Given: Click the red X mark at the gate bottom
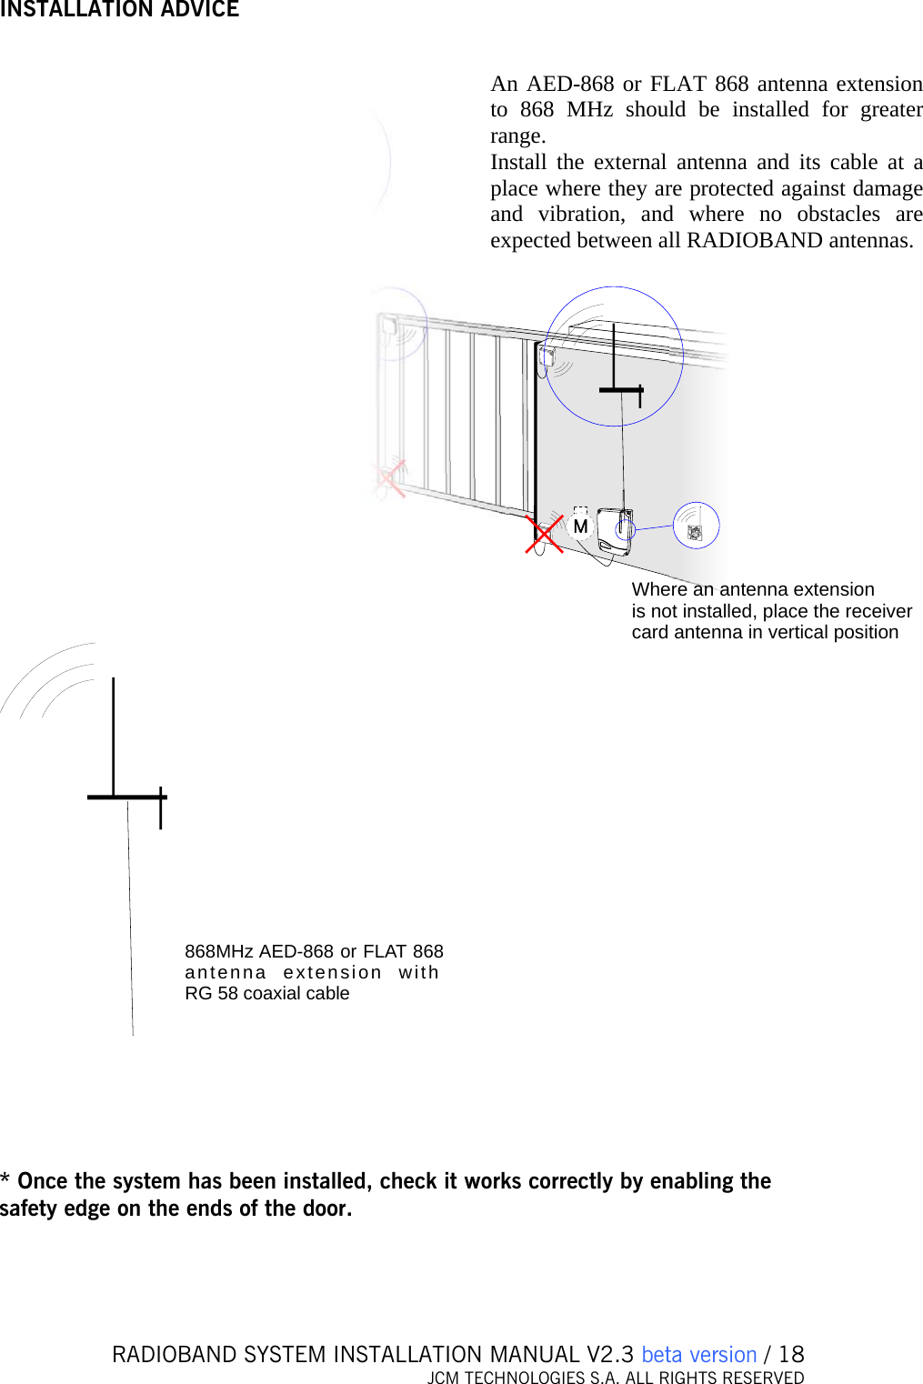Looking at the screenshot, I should (x=544, y=534).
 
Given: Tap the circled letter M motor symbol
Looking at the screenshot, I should (x=580, y=526).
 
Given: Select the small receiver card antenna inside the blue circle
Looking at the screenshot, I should (x=695, y=532).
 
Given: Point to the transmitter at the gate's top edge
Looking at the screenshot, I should (x=547, y=356).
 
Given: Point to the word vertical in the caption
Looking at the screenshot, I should (x=801, y=632).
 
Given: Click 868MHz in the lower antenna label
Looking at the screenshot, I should (x=218, y=951).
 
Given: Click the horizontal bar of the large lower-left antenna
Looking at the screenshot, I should (x=126, y=797).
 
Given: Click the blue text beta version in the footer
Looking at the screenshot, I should (x=698, y=1354).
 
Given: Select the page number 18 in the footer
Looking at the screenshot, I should (x=791, y=1354).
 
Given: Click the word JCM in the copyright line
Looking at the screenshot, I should (x=444, y=1378).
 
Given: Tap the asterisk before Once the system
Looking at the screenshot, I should (x=5, y=1179).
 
